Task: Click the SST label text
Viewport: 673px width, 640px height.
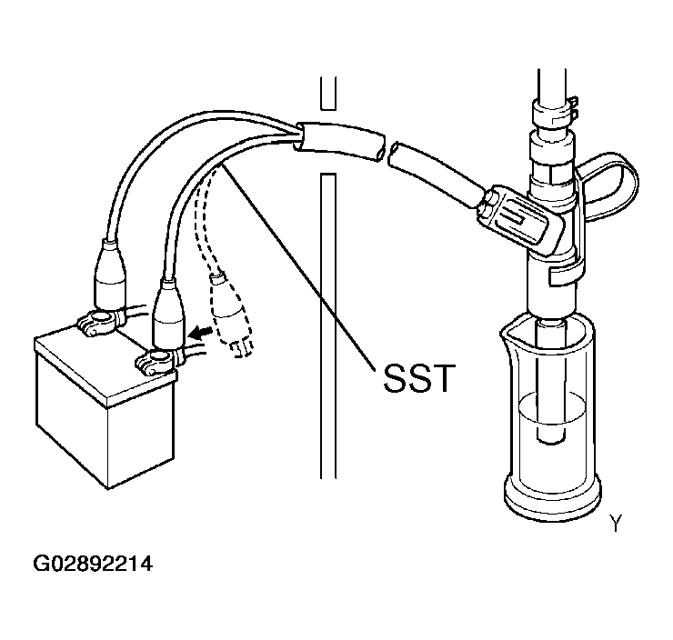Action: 418,378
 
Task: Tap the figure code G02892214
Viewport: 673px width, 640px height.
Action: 93,564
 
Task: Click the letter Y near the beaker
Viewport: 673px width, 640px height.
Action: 616,524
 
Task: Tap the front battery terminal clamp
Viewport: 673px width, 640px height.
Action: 159,360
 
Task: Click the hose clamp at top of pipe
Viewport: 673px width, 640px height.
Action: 555,113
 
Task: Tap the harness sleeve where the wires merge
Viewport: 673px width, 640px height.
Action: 339,142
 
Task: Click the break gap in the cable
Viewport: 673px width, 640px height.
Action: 387,151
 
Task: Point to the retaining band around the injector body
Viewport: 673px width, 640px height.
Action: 567,274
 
